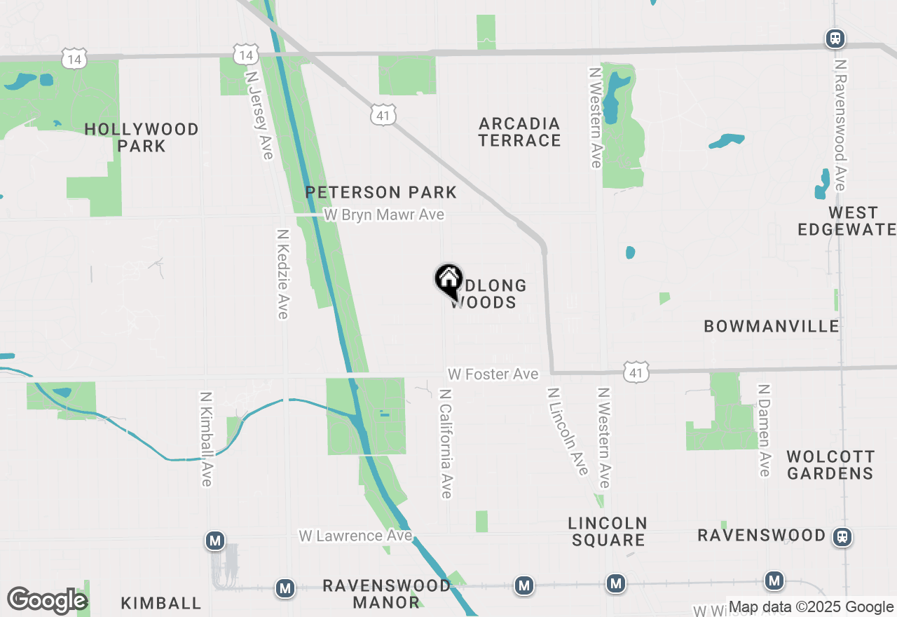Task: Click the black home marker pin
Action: tap(448, 280)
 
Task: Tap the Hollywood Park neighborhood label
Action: tap(142, 137)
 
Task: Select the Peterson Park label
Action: tap(381, 192)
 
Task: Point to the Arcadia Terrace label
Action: tap(520, 132)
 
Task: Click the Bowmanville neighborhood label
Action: tap(772, 326)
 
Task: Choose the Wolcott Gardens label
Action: tap(830, 465)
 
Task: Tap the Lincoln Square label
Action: tap(608, 531)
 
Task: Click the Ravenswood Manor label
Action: tap(387, 593)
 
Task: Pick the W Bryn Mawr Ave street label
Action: tap(384, 215)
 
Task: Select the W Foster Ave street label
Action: tap(493, 374)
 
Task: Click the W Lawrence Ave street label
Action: tap(355, 536)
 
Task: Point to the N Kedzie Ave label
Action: tap(282, 273)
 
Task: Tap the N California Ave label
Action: tap(446, 442)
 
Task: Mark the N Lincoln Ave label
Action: tap(568, 431)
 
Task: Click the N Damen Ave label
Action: tap(765, 430)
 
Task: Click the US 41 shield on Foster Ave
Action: tap(636, 372)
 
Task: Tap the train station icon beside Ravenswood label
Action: tap(842, 537)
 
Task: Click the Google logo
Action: tap(47, 601)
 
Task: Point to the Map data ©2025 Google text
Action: tap(811, 607)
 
